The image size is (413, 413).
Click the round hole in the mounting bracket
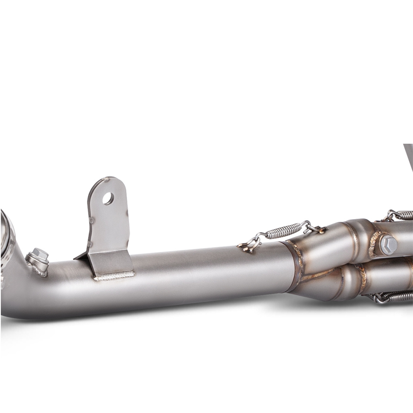click(x=108, y=199)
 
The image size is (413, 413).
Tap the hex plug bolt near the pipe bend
click(x=39, y=255)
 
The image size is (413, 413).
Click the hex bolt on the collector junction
click(x=388, y=245)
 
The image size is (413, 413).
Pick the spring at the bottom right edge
click(x=392, y=296)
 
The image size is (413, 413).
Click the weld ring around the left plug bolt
click(x=38, y=266)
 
